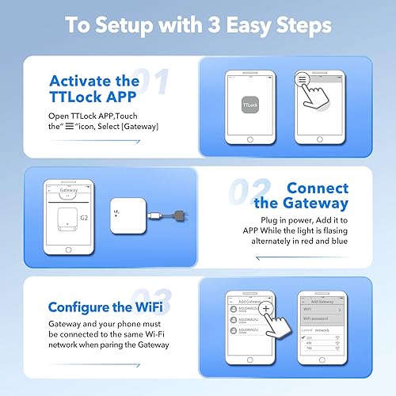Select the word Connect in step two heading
point(317,188)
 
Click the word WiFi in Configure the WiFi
point(169,307)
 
